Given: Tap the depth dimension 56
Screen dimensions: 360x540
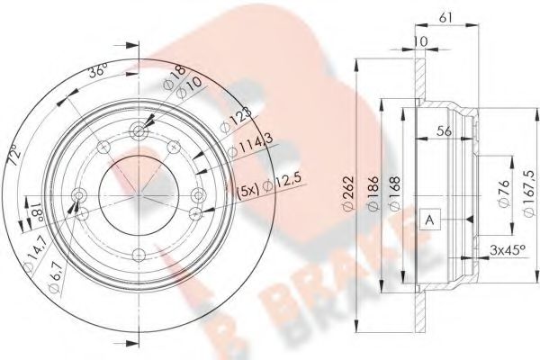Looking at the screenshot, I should [443, 130].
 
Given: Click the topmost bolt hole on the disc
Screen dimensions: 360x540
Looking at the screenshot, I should [137, 130].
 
